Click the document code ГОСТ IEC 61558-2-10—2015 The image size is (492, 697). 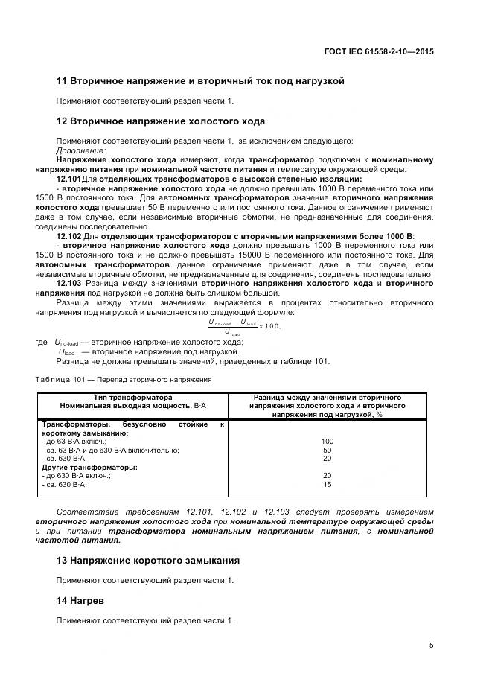(379, 52)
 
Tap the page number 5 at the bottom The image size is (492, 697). (431, 646)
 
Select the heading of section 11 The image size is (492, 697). (200, 81)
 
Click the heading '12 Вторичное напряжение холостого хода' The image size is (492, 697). (161, 121)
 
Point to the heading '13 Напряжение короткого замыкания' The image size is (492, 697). (159, 560)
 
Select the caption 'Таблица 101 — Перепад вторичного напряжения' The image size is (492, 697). (123, 379)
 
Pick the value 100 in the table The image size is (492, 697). (327, 442)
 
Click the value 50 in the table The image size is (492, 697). (327, 451)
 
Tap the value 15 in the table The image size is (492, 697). (327, 485)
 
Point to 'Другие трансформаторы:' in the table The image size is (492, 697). (89, 468)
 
